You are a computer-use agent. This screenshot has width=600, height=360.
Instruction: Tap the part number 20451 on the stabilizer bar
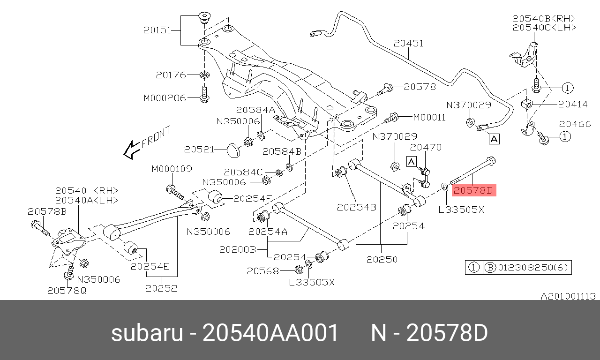408,43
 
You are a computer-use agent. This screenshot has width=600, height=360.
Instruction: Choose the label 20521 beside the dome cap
199,150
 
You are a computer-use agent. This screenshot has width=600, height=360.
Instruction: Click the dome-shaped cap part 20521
232,150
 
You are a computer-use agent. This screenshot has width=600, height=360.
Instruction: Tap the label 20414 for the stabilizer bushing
573,105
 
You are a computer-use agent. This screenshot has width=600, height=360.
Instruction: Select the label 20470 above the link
426,147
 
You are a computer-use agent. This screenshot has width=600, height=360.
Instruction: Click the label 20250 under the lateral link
382,259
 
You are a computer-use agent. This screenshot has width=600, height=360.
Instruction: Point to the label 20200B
237,250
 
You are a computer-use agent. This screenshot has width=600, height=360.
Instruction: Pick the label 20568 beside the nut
262,270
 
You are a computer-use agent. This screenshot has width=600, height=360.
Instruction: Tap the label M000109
172,169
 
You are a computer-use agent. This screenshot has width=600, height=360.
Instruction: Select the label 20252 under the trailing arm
161,288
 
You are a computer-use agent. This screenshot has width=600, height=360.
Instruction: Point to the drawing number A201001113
568,296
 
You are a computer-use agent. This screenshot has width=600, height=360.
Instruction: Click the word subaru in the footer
147,333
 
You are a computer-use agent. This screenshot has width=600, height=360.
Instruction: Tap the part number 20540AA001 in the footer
270,333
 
